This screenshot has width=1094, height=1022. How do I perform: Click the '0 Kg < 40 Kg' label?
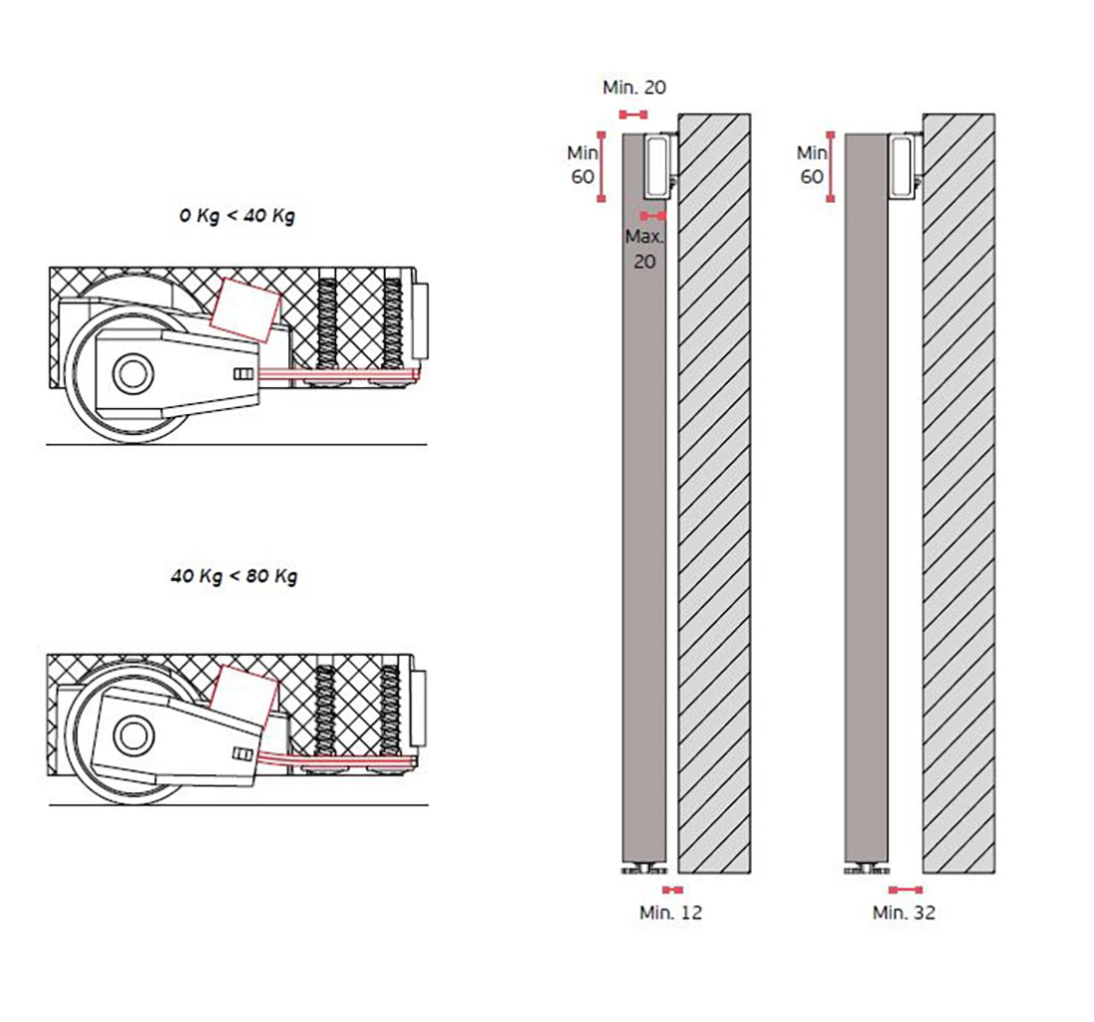click(237, 216)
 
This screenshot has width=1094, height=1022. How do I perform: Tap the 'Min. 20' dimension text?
click(634, 88)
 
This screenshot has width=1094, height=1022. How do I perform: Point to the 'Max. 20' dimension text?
click(644, 249)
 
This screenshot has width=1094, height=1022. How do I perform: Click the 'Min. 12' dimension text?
click(670, 913)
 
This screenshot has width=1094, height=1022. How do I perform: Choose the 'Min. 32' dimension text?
click(904, 913)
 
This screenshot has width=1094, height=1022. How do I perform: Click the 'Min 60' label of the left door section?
click(582, 165)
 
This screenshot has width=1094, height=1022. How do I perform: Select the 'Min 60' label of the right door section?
click(812, 165)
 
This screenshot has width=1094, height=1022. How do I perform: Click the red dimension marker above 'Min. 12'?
click(673, 890)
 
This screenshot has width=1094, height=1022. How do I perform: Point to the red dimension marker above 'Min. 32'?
click(905, 890)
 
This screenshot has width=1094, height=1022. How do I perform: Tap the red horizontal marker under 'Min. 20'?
click(633, 114)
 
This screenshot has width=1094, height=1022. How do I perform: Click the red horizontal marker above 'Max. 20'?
click(653, 215)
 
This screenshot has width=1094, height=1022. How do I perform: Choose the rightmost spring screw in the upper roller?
click(394, 324)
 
